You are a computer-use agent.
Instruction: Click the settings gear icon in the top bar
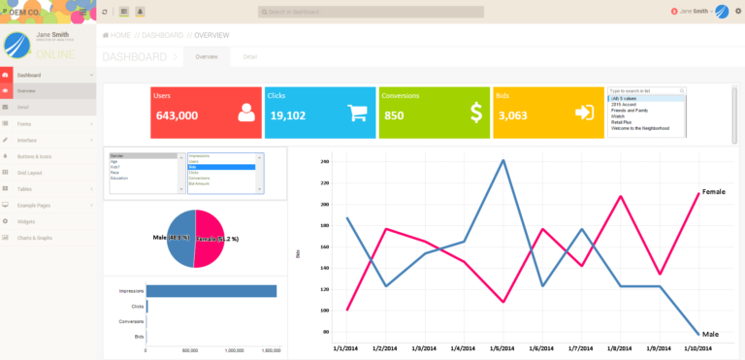(737, 11)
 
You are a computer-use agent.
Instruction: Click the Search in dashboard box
(371, 11)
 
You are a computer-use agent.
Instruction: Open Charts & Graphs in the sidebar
(35, 237)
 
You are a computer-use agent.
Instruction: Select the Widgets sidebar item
(26, 220)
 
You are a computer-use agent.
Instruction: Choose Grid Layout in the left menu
(30, 172)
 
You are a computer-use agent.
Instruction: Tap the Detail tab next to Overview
(249, 57)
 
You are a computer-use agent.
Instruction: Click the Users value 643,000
(177, 115)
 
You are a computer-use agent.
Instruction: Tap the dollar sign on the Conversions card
(475, 113)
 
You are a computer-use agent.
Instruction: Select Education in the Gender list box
(119, 179)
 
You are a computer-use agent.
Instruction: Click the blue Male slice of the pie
(180, 238)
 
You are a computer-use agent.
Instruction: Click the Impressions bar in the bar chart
(211, 291)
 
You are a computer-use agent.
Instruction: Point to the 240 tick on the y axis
(325, 161)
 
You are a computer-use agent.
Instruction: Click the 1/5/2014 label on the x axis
(502, 346)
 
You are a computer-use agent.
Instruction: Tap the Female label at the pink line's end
(713, 192)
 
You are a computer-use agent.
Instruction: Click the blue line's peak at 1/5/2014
(502, 160)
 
